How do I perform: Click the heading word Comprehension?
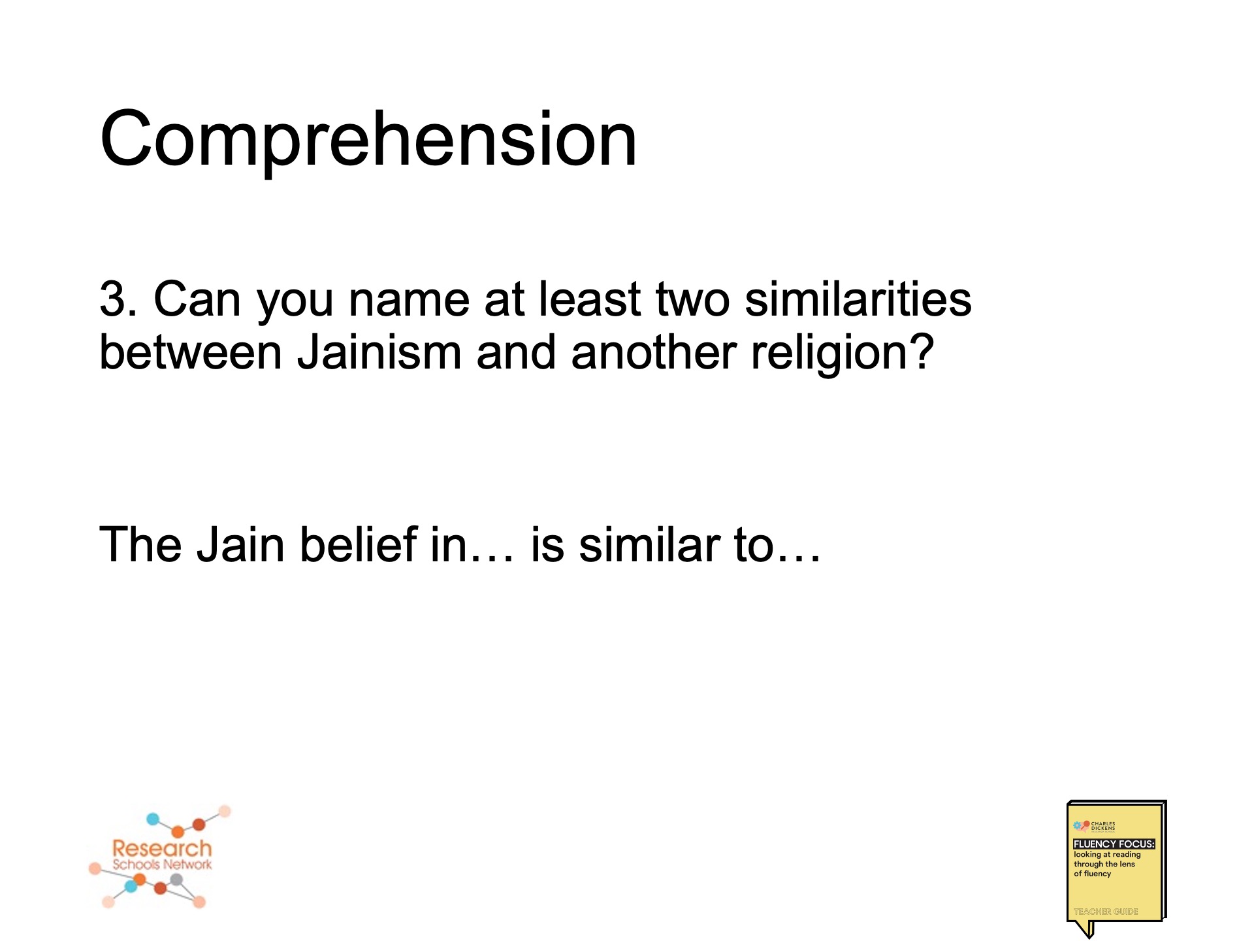tap(368, 139)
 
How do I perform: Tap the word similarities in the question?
tap(858, 299)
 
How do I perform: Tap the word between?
tap(190, 353)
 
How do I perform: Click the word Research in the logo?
tap(162, 848)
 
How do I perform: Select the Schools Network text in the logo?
tap(162, 865)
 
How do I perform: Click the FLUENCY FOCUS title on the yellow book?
tap(1114, 844)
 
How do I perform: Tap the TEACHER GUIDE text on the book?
tap(1106, 912)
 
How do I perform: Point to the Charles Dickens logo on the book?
tap(1095, 826)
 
